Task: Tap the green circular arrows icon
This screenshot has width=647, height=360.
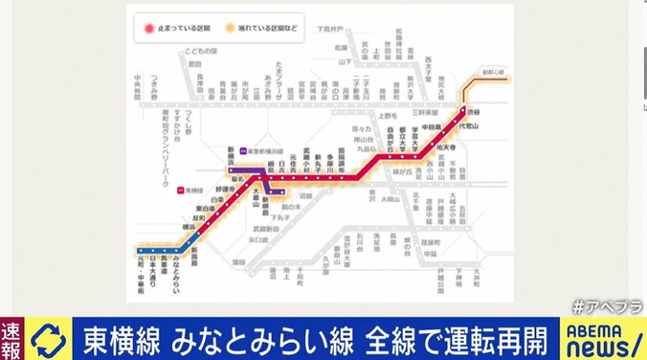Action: (46, 337)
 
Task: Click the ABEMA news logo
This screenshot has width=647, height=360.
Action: (598, 336)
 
